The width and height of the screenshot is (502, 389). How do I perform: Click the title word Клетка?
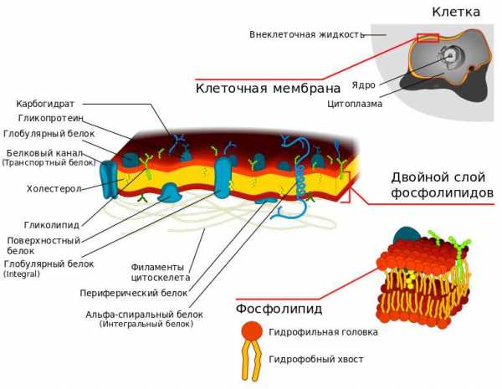pos(456,12)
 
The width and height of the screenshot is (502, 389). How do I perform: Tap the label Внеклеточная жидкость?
pos(307,34)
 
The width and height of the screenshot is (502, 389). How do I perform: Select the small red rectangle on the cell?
pos(428,38)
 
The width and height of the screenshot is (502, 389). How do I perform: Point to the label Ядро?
pos(363,85)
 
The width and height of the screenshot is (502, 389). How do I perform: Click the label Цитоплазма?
pos(355,104)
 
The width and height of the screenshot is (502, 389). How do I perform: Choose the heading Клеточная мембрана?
pos(268,88)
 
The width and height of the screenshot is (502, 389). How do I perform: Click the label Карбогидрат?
pos(45,104)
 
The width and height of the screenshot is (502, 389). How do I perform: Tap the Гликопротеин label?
pos(50,119)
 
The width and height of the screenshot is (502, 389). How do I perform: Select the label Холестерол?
pos(54,189)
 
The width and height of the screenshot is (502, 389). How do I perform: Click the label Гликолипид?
pos(52,225)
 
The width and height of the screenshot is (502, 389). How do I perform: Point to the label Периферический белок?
pos(134,294)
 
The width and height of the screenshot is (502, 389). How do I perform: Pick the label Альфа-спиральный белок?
pos(144,315)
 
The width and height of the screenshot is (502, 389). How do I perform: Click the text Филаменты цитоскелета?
pos(161,272)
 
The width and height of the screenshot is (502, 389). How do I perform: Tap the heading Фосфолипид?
pos(279,309)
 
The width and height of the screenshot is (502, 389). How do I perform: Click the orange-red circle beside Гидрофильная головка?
pos(252,330)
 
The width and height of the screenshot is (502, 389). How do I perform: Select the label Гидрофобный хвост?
pos(316,359)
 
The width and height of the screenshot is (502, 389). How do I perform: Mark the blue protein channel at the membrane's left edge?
pos(109,179)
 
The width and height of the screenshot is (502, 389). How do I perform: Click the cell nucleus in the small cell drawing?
pos(451,56)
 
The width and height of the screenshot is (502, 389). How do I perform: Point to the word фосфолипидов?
pos(443,193)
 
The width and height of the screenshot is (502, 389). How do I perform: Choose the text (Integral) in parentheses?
pos(22,274)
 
